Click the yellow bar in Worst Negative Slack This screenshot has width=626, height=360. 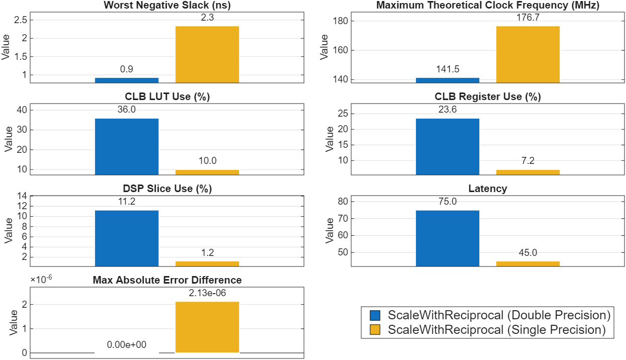pyautogui.click(x=207, y=54)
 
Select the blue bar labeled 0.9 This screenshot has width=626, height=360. pyautogui.click(x=127, y=80)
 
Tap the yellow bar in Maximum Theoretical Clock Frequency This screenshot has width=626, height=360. pyautogui.click(x=528, y=54)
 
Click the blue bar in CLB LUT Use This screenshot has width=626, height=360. pyautogui.click(x=127, y=146)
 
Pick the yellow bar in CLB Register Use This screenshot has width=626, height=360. pyautogui.click(x=528, y=172)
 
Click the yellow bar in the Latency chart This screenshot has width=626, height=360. pyautogui.click(x=528, y=263)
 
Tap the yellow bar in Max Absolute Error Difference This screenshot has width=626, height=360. pyautogui.click(x=207, y=327)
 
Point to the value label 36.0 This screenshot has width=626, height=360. pyautogui.click(x=127, y=110)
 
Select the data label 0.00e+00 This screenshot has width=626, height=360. pyautogui.click(x=127, y=345)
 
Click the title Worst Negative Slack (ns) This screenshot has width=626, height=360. pyautogui.click(x=167, y=6)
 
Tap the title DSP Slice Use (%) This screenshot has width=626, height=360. pyautogui.click(x=167, y=189)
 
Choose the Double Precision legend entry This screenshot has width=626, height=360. pyautogui.click(x=498, y=315)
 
